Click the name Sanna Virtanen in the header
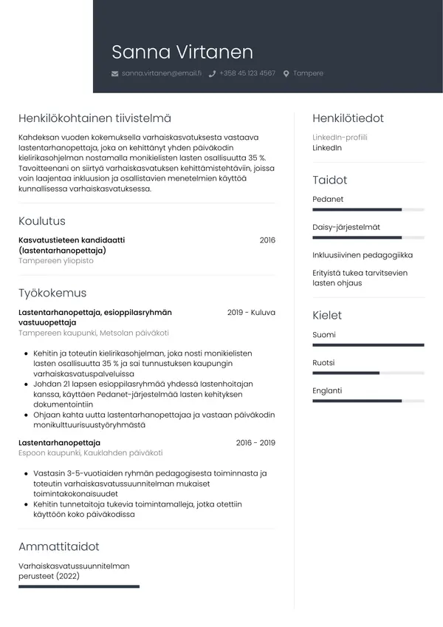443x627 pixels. pos(182,52)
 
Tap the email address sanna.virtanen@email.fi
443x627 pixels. pos(161,73)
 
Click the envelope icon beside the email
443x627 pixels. pos(114,74)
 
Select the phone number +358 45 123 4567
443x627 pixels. pos(247,73)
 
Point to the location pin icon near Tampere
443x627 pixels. pos(286,74)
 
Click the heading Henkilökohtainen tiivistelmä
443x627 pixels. pos(95,118)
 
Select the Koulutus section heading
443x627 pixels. pos(42,220)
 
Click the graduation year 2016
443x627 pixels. pos(267,240)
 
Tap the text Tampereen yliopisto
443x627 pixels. pos(56,261)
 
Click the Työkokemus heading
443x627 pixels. pos(52,293)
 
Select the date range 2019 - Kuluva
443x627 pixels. pos(251,313)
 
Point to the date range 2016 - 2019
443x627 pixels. pos(255,443)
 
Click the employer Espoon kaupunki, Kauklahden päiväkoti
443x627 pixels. pos(90,453)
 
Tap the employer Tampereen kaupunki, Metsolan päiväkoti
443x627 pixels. pos(94,333)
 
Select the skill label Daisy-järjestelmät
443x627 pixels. pos(346,227)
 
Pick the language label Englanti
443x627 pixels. pos(327,390)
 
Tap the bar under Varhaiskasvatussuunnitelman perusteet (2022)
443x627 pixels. pos(79,586)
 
